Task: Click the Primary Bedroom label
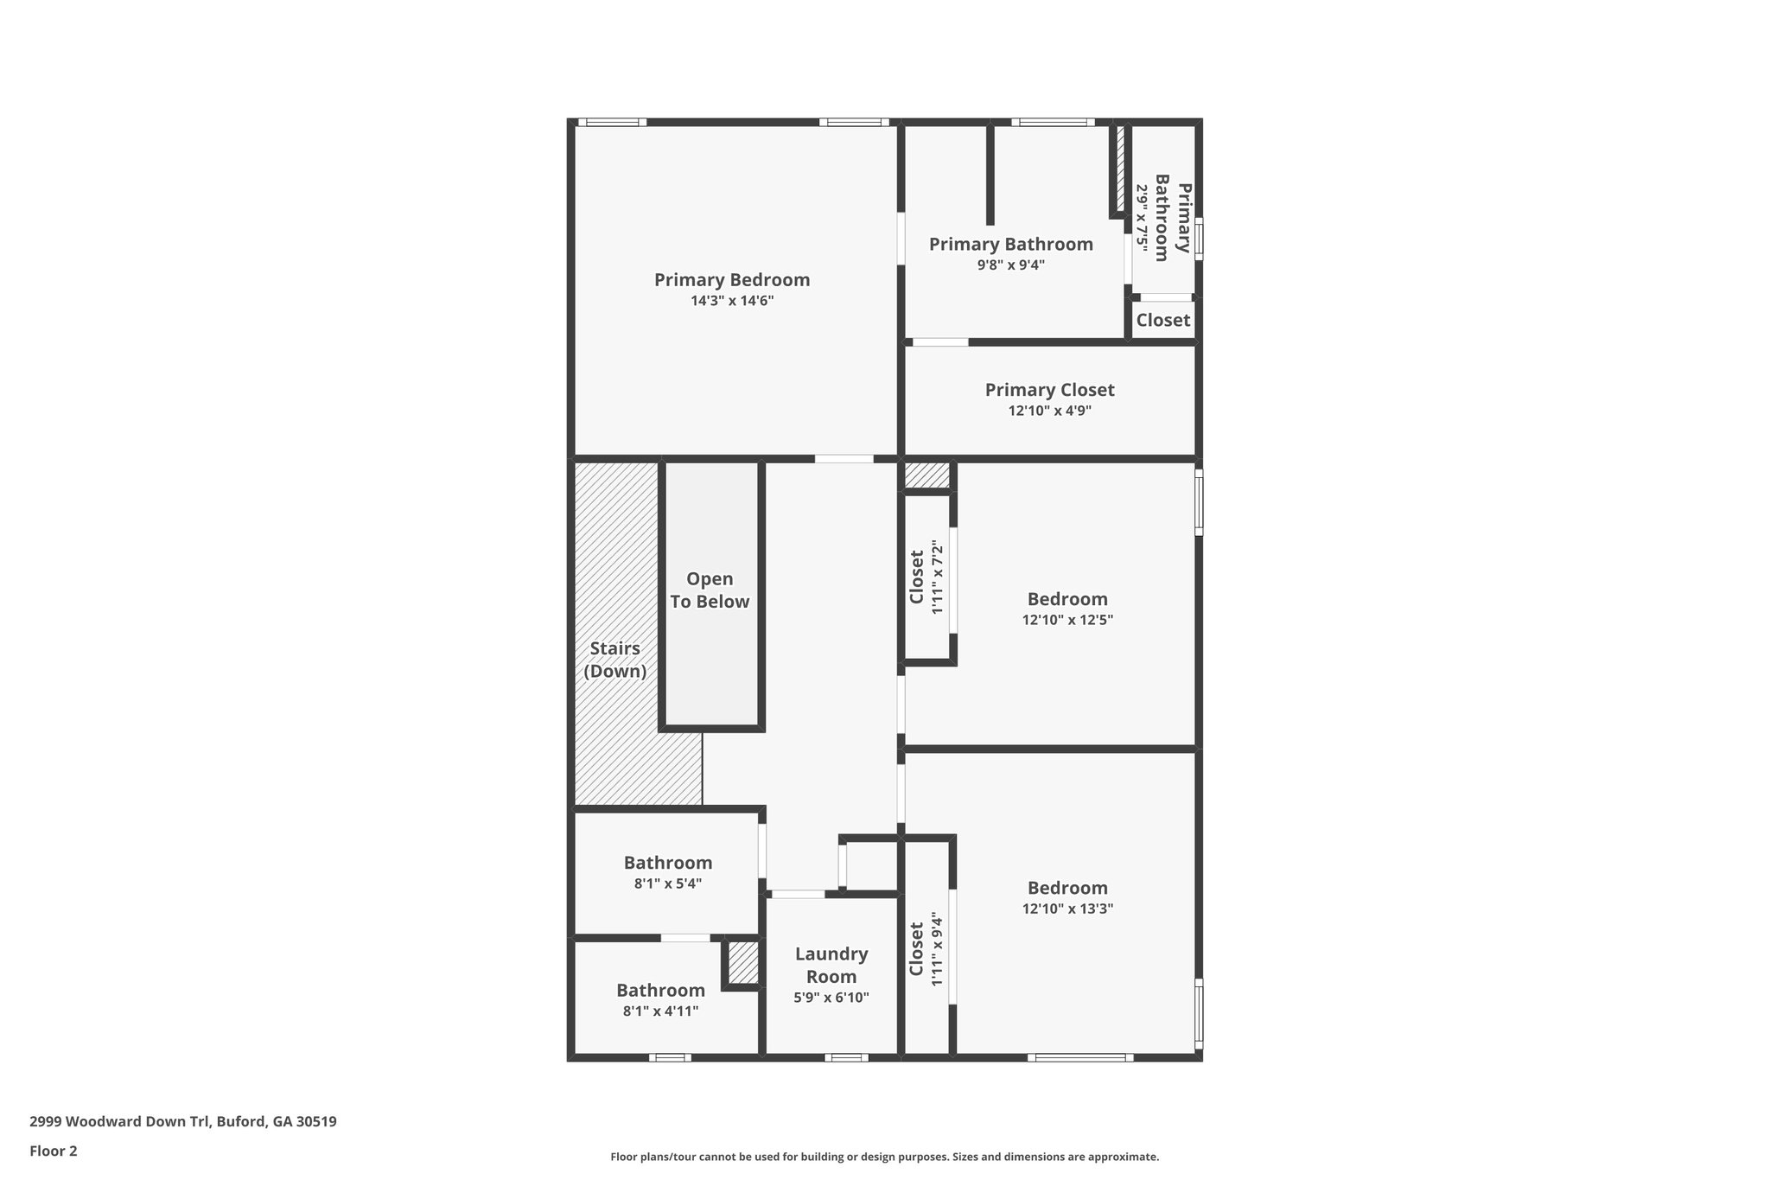tap(732, 280)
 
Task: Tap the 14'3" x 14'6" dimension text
tap(732, 301)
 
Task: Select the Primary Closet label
tap(1050, 390)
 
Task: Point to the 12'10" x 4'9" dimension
tap(1050, 411)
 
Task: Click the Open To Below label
tap(710, 590)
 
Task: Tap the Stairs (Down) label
tap(615, 660)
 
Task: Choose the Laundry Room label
tap(831, 965)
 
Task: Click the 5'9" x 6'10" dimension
tap(831, 998)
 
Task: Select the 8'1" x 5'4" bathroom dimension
tap(668, 883)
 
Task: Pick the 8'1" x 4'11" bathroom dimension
tap(661, 1011)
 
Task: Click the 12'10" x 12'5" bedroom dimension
tap(1067, 620)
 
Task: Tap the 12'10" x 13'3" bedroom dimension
tap(1067, 909)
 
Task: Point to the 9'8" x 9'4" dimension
tap(1011, 265)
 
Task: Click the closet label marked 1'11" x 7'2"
tap(917, 577)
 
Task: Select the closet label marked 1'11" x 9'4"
tap(917, 948)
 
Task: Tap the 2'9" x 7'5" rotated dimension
tap(1142, 218)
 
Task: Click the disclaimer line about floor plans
tap(885, 1157)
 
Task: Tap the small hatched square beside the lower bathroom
tap(743, 963)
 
